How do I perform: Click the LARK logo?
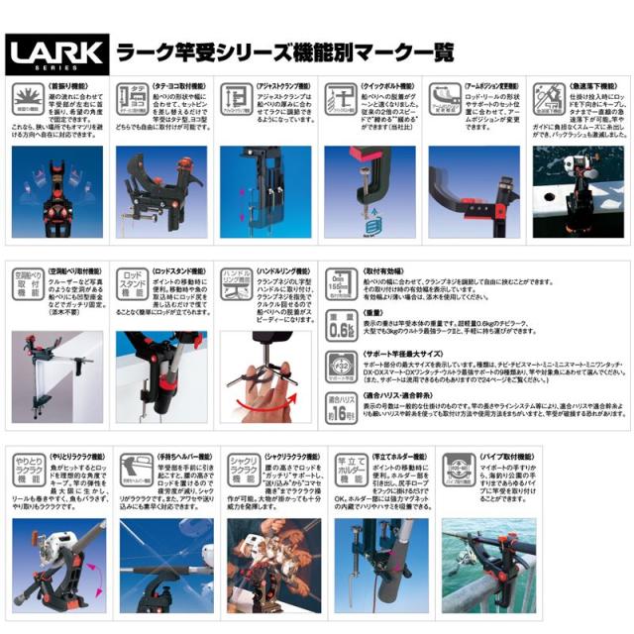47,51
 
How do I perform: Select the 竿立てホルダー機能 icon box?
345,470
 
